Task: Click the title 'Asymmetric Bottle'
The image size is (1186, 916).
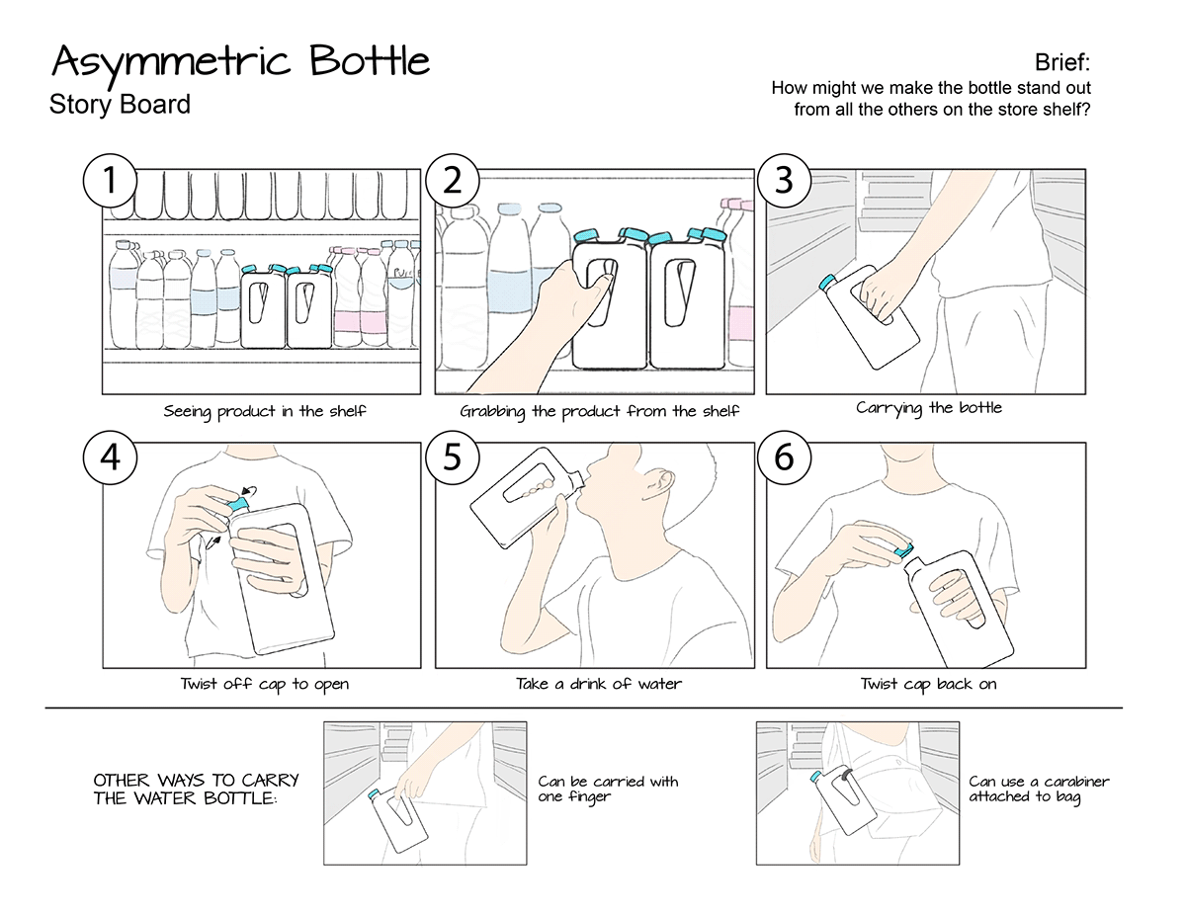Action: pyautogui.click(x=240, y=62)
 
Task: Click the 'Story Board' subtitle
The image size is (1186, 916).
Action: pyautogui.click(x=120, y=104)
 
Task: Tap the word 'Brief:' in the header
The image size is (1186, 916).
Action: pyautogui.click(x=1062, y=63)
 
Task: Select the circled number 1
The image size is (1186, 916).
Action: pyautogui.click(x=110, y=181)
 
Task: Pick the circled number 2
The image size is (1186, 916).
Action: pyautogui.click(x=452, y=181)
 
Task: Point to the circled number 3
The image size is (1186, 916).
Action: pyautogui.click(x=783, y=181)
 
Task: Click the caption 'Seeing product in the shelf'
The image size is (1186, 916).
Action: pyautogui.click(x=265, y=411)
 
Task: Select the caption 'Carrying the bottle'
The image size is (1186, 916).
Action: pyautogui.click(x=928, y=408)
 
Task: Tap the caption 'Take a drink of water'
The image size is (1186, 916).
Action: pyautogui.click(x=598, y=684)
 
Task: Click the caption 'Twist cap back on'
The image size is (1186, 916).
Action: pyautogui.click(x=928, y=684)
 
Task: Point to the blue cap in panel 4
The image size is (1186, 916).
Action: pyautogui.click(x=238, y=504)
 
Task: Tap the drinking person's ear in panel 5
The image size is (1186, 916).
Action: pyautogui.click(x=662, y=482)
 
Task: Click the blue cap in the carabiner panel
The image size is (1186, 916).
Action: pyautogui.click(x=816, y=777)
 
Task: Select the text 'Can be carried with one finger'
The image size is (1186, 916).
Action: pyautogui.click(x=608, y=789)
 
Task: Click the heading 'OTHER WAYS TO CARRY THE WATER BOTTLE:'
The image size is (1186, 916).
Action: pyautogui.click(x=196, y=789)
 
